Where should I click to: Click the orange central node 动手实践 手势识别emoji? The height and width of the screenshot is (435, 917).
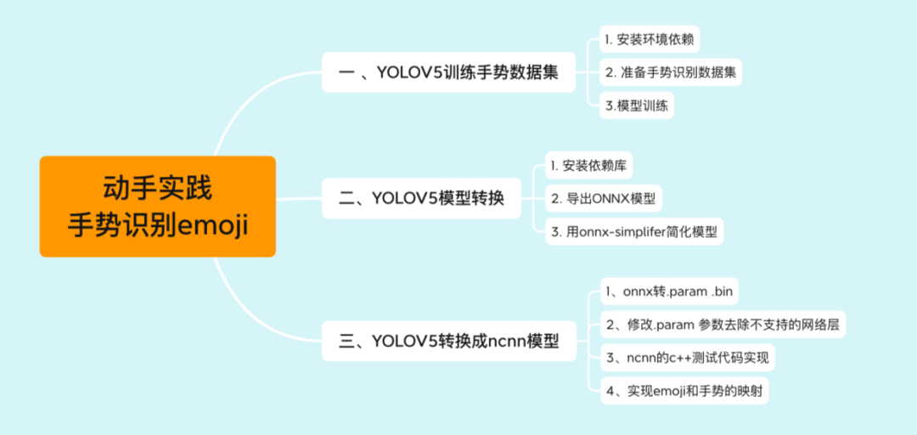(158, 206)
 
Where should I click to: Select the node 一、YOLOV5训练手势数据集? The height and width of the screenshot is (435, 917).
(448, 73)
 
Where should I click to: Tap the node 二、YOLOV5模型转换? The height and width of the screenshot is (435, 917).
(421, 199)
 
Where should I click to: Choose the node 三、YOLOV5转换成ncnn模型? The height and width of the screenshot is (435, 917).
(448, 342)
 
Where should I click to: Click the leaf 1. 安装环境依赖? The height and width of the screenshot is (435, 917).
(651, 40)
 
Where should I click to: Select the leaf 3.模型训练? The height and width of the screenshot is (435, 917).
(636, 105)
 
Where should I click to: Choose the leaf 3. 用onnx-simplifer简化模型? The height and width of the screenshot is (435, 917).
(634, 231)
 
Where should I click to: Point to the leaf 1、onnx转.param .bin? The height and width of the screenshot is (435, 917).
(666, 291)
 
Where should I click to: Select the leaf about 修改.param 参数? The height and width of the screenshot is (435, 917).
(723, 324)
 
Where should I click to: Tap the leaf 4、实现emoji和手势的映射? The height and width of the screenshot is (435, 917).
(685, 390)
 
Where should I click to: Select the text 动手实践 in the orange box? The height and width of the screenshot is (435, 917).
(158, 186)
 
